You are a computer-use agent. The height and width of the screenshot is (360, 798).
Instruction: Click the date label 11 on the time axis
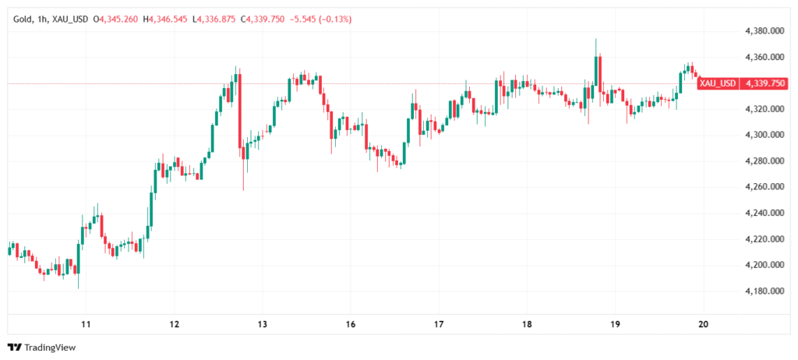[x=86, y=324]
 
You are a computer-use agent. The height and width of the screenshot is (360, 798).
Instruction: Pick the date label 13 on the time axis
[x=263, y=324]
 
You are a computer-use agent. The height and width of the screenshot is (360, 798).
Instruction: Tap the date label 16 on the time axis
[x=351, y=324]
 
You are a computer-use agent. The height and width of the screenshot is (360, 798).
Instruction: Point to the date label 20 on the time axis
[x=704, y=324]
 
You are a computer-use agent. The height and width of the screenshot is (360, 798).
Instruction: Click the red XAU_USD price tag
[x=717, y=83]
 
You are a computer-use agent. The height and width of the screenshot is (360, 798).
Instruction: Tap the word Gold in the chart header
[x=23, y=17]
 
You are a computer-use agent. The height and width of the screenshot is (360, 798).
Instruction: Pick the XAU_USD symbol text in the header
[x=69, y=17]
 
